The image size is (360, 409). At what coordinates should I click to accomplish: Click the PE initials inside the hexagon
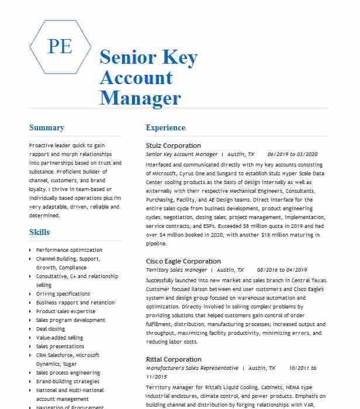[60, 46]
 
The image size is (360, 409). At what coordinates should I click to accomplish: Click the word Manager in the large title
[140, 98]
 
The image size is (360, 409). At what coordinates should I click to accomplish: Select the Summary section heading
[47, 128]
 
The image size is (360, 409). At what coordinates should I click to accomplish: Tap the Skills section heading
[40, 233]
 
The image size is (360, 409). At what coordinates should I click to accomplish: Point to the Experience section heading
[165, 128]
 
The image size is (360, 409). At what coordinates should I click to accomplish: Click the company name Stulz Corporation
[173, 145]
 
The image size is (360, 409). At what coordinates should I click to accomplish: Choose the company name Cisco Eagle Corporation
[184, 261]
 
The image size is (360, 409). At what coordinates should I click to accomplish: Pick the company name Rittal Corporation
[174, 359]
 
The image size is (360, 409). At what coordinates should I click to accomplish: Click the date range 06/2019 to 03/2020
[292, 154]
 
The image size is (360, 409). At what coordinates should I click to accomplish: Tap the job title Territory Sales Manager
[176, 270]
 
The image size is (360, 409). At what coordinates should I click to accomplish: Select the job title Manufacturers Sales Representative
[192, 368]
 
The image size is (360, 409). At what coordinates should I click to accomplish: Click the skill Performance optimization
[69, 250]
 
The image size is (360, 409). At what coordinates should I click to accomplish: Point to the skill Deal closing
[51, 329]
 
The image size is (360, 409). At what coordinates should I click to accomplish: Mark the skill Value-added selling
[60, 338]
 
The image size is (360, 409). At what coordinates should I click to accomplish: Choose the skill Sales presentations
[60, 346]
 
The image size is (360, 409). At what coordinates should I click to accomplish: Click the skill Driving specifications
[63, 294]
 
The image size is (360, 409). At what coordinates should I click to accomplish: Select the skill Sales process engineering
[68, 373]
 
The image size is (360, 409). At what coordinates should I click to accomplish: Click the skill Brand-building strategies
[68, 382]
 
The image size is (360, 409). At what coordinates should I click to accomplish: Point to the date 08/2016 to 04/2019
[282, 270]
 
